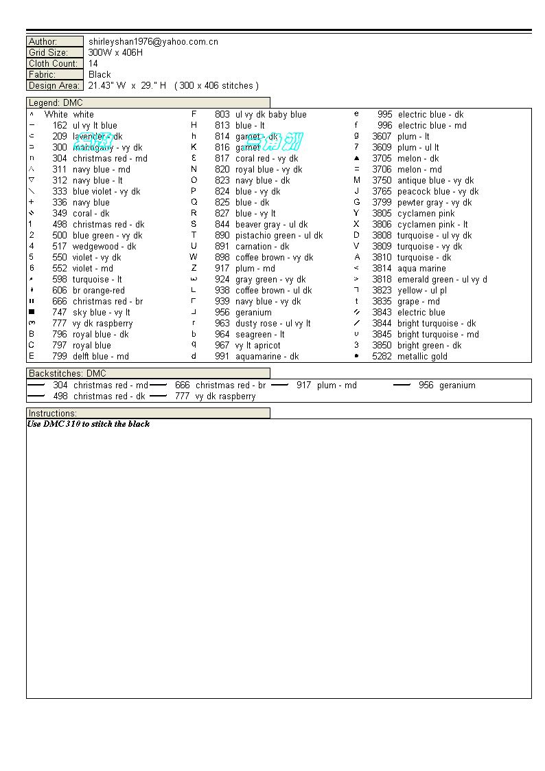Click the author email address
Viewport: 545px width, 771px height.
pos(153,42)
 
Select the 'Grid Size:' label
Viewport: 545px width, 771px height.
pos(48,53)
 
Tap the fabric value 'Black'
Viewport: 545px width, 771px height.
pos(100,75)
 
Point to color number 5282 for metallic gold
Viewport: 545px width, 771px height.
pos(382,357)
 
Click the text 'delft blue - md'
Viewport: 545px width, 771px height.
pos(101,357)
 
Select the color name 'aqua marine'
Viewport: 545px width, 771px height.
pos(421,269)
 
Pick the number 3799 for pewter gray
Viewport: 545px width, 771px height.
pos(382,203)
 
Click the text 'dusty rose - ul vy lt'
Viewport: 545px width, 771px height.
pos(272,324)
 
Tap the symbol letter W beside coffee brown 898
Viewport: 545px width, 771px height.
pos(194,258)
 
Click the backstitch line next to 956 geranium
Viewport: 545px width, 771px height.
pos(402,385)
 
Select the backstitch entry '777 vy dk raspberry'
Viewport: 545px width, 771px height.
pos(215,396)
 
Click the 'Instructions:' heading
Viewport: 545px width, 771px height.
pos(53,414)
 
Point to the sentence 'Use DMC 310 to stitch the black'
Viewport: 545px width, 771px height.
pos(89,424)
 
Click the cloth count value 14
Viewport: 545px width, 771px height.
pos(93,64)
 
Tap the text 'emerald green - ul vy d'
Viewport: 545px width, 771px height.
pos(442,280)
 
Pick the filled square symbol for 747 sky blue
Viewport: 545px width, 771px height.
pos(32,313)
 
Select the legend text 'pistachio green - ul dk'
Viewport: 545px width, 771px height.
pos(279,236)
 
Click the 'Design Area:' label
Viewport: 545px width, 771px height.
pos(54,86)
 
